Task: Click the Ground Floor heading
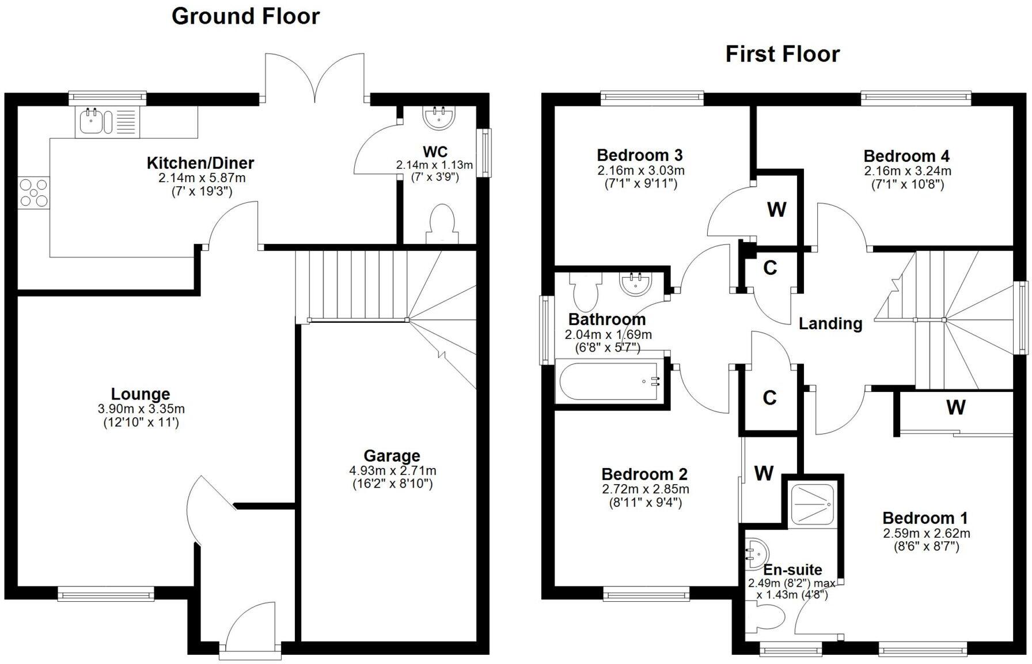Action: click(245, 16)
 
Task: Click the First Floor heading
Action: click(782, 54)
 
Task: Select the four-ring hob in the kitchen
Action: click(33, 193)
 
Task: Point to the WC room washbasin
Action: click(439, 117)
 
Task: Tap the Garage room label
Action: click(392, 456)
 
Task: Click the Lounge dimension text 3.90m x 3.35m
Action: click(141, 409)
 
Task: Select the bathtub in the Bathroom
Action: click(610, 381)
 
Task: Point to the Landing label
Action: click(830, 323)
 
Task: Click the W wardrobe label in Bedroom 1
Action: click(955, 408)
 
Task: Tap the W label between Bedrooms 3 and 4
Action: click(776, 210)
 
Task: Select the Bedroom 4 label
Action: click(906, 156)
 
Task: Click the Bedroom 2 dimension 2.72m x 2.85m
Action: click(645, 489)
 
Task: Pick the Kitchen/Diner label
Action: click(200, 163)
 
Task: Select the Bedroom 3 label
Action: click(639, 155)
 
